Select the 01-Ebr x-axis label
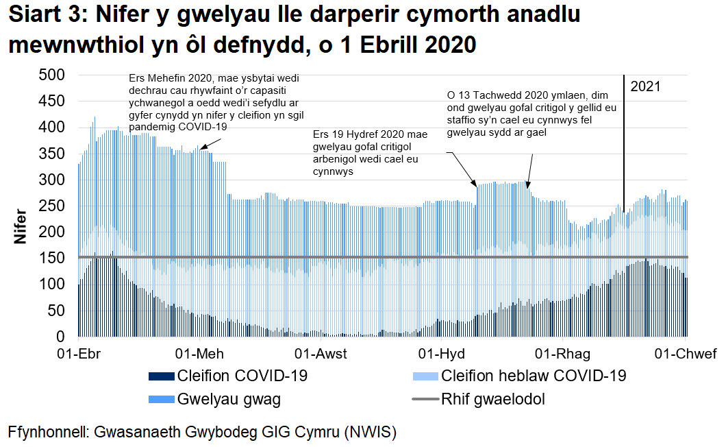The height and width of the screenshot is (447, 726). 79,354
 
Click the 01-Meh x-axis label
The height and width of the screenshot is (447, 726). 199,354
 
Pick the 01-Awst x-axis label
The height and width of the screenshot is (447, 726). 321,354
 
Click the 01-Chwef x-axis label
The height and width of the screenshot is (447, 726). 686,354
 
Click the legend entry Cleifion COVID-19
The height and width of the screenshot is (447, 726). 242,376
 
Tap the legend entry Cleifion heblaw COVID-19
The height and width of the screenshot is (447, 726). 533,376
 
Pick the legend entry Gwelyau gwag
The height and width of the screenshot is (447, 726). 228,399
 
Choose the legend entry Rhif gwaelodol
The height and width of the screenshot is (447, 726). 493,399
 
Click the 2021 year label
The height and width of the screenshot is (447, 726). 645,86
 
